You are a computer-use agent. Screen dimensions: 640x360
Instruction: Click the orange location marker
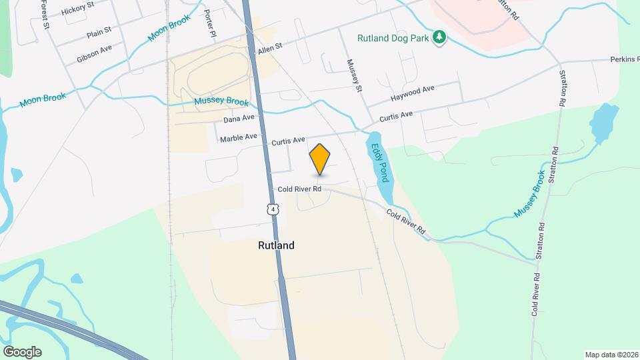(320, 159)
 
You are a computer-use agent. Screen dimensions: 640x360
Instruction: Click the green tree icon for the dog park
(439, 37)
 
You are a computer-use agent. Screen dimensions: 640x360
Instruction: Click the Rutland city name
(276, 245)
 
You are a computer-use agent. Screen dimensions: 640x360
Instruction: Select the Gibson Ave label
(94, 54)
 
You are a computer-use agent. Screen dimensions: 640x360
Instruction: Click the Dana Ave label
(239, 119)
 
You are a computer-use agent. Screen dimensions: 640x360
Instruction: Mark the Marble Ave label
(238, 137)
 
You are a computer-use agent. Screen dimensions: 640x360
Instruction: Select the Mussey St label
(353, 75)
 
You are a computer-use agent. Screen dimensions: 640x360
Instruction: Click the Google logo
(22, 351)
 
